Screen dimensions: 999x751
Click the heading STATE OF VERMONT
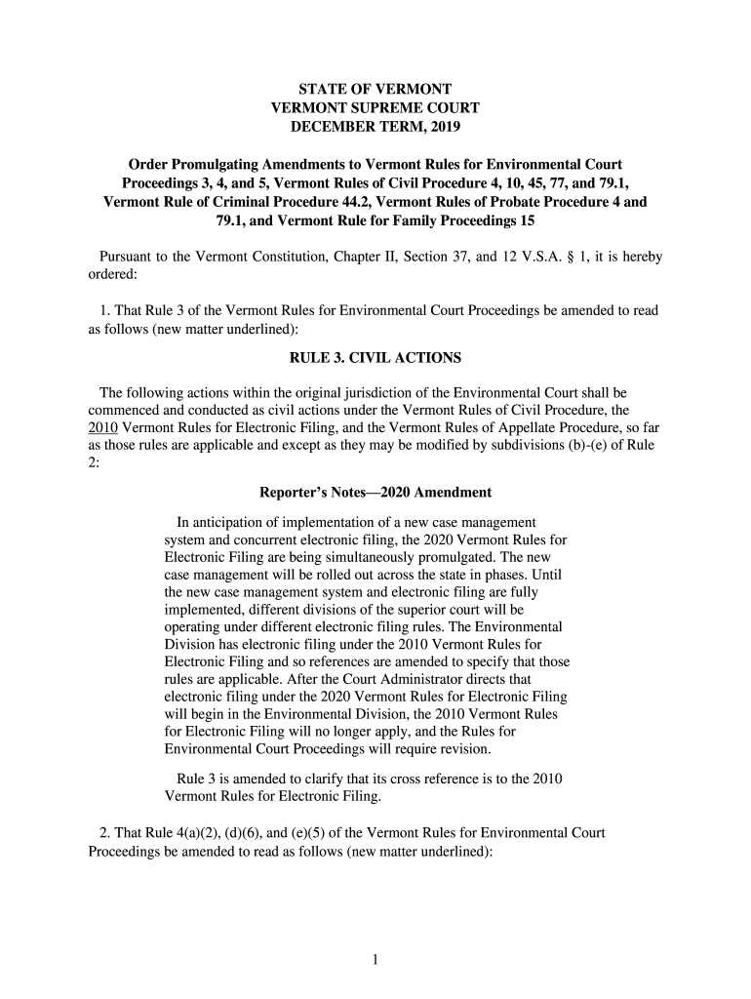pos(375,87)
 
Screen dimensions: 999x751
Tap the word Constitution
pos(269,257)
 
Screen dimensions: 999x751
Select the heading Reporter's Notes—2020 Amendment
pos(375,492)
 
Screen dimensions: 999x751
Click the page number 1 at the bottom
pos(375,960)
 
